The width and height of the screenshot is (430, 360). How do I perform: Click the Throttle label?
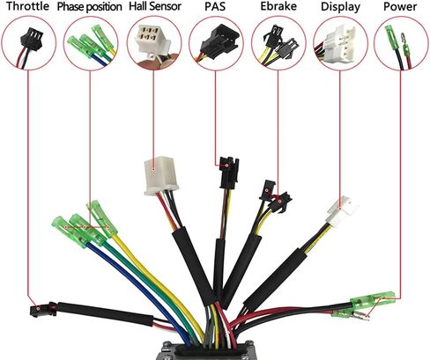27,6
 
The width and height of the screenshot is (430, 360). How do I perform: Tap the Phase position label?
89,7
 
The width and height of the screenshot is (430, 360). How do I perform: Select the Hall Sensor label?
155,6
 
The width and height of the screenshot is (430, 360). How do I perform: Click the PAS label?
215,6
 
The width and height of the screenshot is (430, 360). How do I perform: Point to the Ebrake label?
278,6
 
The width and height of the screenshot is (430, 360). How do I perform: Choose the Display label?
340,7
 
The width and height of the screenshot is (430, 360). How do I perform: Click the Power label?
400,6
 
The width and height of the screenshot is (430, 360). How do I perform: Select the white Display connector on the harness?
342,212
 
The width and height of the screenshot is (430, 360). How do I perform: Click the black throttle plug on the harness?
43,310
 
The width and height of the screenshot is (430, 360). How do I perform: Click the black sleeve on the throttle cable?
105,314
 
